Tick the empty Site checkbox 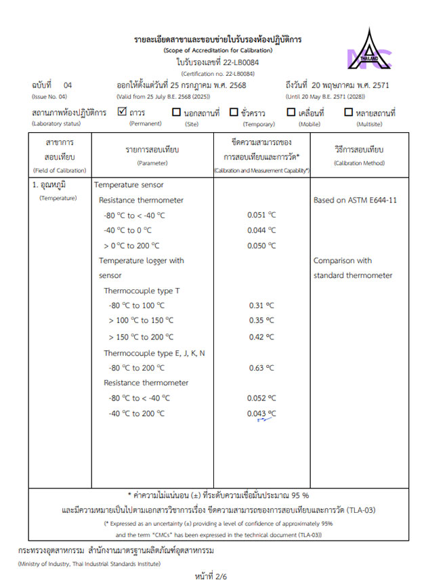[x=176, y=112]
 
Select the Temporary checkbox [x=234, y=112]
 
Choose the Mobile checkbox [x=291, y=112]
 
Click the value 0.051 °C [x=261, y=215]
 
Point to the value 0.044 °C [x=261, y=231]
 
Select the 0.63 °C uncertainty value [x=261, y=368]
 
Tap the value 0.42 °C [x=261, y=337]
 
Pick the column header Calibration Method [x=358, y=163]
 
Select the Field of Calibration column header [x=60, y=171]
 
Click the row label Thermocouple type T [x=141, y=291]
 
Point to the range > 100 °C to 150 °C [x=141, y=320]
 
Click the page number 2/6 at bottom [x=211, y=576]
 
